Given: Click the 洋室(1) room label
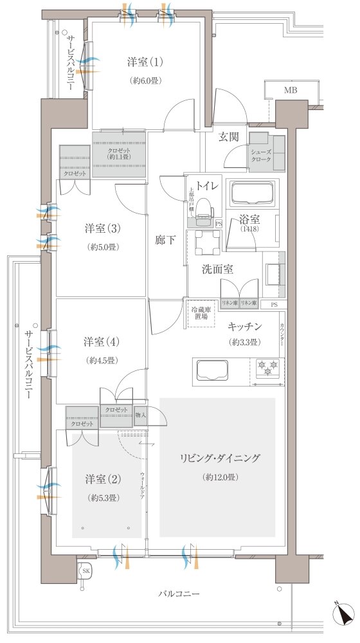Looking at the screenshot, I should point(145,62).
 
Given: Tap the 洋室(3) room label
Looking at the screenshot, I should point(103,228).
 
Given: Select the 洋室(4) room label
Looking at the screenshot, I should point(103,341).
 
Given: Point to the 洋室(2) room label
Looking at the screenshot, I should point(103,480).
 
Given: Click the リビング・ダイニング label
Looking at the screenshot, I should point(221,458).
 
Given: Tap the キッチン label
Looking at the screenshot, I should point(244,326).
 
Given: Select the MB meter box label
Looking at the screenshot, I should point(291,91).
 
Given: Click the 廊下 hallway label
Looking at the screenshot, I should point(166,240).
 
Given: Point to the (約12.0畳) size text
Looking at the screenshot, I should point(221,477).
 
